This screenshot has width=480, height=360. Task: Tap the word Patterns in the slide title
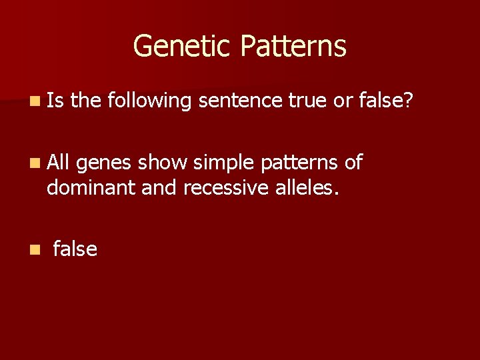pos(293,46)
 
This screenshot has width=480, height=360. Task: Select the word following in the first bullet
pos(149,101)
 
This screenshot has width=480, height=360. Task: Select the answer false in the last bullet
pos(75,249)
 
